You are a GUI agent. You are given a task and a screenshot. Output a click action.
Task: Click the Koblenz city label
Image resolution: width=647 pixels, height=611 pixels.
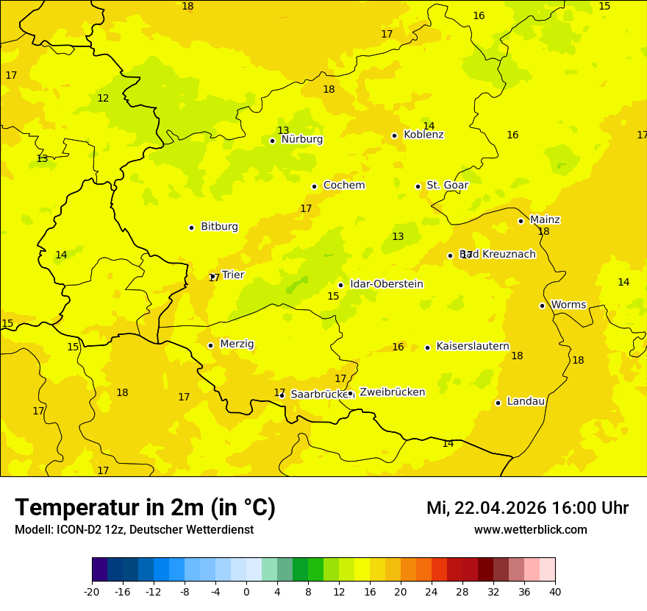(423, 135)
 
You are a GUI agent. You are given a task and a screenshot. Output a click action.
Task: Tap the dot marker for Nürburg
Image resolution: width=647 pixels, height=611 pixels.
(272, 141)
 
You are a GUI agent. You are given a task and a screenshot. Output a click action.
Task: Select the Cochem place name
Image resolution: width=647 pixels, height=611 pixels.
(344, 186)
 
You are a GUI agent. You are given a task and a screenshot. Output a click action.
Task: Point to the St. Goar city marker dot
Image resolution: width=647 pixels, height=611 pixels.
(418, 186)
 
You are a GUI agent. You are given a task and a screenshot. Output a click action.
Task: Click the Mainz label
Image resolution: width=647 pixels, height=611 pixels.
(545, 220)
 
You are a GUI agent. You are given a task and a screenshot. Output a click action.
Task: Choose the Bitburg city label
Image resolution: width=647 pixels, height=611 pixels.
(219, 227)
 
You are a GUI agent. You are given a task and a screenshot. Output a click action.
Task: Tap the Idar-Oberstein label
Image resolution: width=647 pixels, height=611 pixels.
(387, 284)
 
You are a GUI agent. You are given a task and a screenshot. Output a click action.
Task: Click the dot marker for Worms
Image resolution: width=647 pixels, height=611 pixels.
(542, 305)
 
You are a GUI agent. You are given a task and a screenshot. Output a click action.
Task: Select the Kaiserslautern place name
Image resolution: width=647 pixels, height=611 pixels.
(473, 346)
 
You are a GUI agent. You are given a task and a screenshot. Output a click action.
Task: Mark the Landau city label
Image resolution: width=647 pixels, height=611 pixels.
(526, 401)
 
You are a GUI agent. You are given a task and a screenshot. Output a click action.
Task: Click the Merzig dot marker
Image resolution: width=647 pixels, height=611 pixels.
(210, 345)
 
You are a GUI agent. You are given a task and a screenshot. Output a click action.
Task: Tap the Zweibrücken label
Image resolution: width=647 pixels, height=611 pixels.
(393, 392)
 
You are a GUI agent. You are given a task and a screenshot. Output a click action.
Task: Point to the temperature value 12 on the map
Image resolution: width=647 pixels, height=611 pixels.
(103, 99)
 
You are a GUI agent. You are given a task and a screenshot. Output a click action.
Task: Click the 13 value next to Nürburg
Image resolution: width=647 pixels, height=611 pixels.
(283, 130)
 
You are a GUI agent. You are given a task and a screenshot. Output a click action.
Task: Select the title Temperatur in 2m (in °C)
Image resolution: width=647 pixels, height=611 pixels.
(145, 507)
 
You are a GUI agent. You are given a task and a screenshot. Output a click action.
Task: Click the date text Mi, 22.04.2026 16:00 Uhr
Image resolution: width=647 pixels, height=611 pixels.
(527, 508)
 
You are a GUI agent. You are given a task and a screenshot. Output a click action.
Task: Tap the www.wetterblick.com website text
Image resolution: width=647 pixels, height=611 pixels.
(530, 530)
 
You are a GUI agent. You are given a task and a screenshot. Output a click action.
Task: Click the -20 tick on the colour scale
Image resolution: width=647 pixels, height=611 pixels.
(92, 592)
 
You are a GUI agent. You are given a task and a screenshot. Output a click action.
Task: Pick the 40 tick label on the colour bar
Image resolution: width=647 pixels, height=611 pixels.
(555, 592)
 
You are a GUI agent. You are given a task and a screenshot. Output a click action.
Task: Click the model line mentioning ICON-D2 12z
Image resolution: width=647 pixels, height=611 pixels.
(134, 530)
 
